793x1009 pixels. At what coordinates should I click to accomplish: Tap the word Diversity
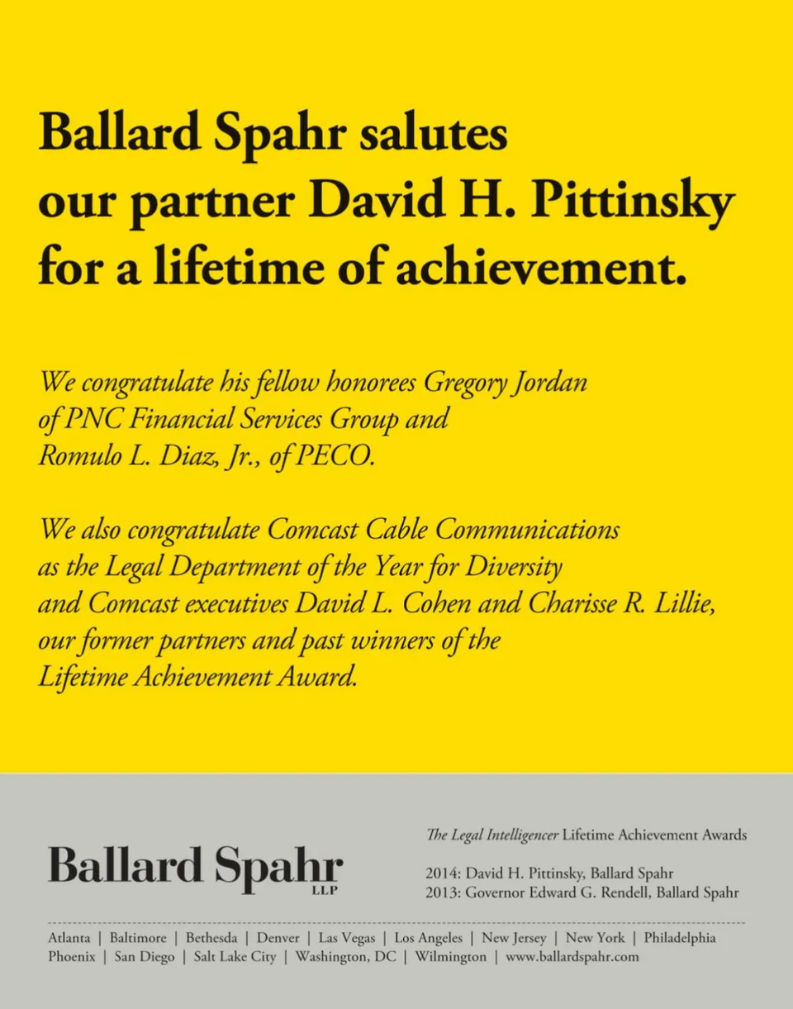click(x=514, y=567)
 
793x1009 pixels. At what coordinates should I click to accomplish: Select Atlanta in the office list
click(x=69, y=938)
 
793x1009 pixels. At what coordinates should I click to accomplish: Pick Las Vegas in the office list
click(x=347, y=938)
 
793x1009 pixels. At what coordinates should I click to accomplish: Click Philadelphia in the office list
click(x=680, y=938)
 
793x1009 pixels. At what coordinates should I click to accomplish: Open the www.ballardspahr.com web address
click(x=572, y=957)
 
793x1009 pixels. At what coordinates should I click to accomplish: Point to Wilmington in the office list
click(x=450, y=957)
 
